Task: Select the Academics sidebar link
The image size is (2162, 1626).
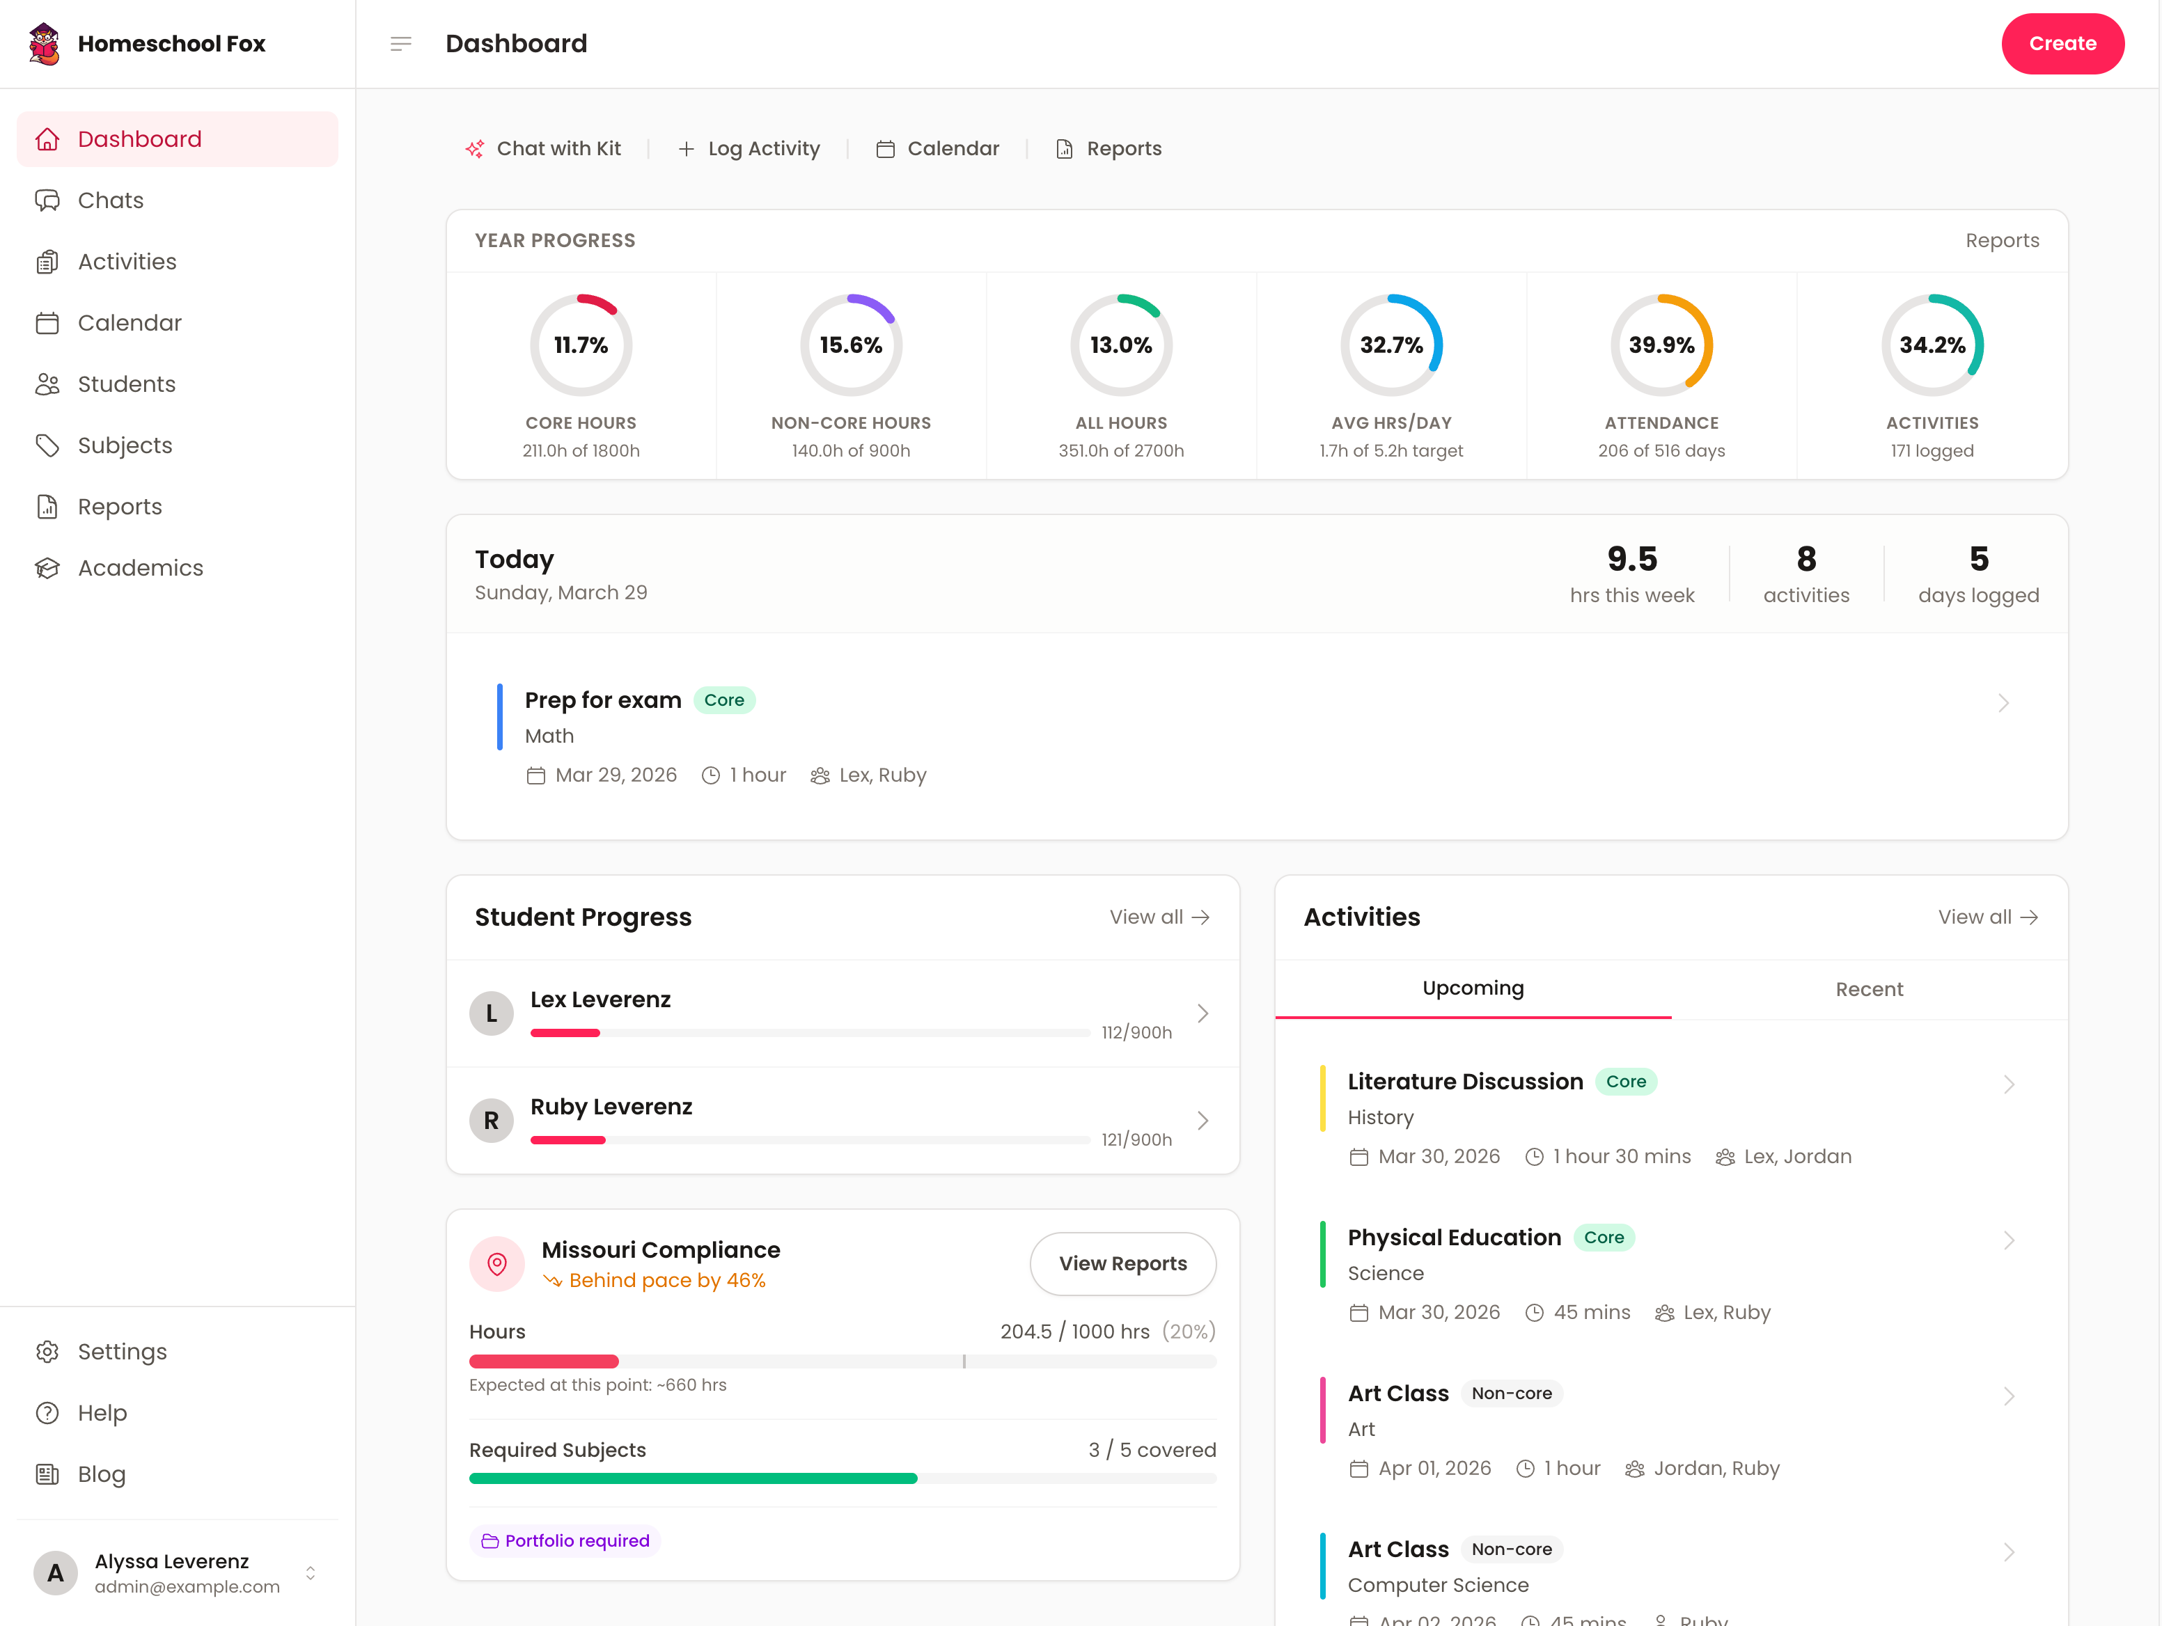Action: (x=140, y=568)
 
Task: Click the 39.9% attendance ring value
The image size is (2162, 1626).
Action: (x=1661, y=345)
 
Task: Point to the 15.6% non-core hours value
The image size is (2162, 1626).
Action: (x=850, y=345)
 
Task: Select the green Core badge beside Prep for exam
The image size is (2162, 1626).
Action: (x=723, y=700)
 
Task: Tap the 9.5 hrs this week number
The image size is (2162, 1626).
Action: (x=1631, y=559)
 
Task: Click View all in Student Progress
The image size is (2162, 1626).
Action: (x=1159, y=917)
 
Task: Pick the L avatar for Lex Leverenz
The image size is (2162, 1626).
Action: (x=492, y=1013)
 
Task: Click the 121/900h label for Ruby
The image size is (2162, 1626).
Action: (x=1136, y=1139)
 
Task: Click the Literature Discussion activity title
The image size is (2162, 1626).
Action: (x=1464, y=1082)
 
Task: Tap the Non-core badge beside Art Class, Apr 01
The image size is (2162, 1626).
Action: (x=1511, y=1394)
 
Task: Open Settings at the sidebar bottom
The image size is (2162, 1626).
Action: (x=121, y=1352)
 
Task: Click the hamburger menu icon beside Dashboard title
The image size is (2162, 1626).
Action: (x=401, y=44)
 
